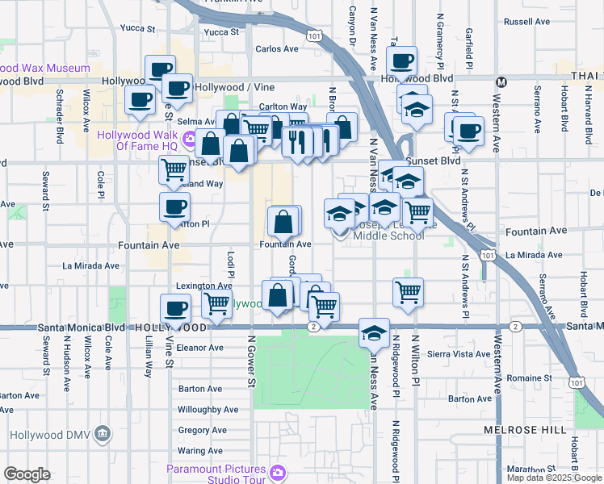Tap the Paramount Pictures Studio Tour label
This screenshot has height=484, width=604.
(216, 470)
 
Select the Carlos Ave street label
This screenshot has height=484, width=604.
(277, 48)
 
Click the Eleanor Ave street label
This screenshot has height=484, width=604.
(199, 348)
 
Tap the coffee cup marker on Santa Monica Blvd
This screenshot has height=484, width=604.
(175, 308)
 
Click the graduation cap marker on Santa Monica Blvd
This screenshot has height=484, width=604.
(375, 332)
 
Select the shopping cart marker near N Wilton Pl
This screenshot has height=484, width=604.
(409, 292)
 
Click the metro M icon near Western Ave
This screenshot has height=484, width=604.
(501, 81)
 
